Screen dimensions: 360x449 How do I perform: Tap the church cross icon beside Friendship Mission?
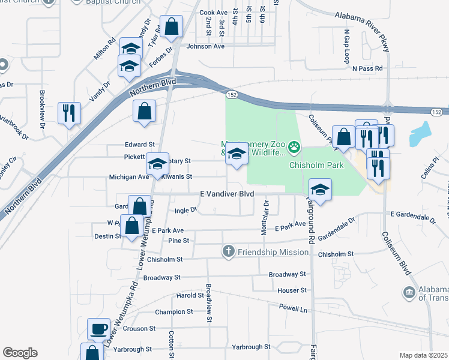pos(228,251)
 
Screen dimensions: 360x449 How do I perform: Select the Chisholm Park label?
pos(316,164)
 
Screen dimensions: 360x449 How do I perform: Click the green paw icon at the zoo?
pos(294,146)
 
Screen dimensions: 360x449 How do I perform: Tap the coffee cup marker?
pos(98,329)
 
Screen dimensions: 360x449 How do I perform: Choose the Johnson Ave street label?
pos(205,46)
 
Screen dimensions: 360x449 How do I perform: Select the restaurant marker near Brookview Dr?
pos(69,112)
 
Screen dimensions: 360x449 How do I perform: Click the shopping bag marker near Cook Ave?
pos(172,26)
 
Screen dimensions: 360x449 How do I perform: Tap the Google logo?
pos(19,353)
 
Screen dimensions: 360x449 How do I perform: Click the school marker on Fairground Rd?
pos(320,191)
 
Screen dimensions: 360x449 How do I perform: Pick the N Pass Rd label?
pos(367,69)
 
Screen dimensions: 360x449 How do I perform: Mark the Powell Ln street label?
pos(293,308)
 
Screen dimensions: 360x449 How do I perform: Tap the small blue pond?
pos(421,134)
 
